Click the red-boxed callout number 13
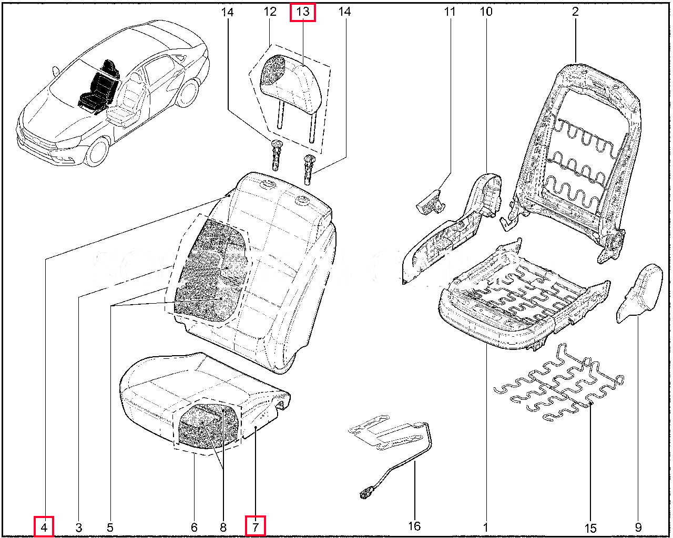(303, 12)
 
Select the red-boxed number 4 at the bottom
(45, 526)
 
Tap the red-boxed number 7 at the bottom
(256, 526)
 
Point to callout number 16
(414, 526)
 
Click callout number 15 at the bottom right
(590, 526)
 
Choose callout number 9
(638, 526)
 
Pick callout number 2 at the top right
(575, 12)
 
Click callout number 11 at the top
(449, 12)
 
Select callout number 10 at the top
(486, 12)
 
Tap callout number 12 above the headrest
(270, 12)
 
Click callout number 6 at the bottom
(194, 526)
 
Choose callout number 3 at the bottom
(78, 526)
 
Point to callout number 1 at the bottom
(486, 526)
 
